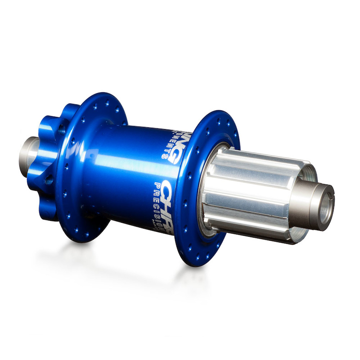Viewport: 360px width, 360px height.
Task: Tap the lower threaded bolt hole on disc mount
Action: coord(49,180)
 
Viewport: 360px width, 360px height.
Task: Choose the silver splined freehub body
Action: coord(252,193)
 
